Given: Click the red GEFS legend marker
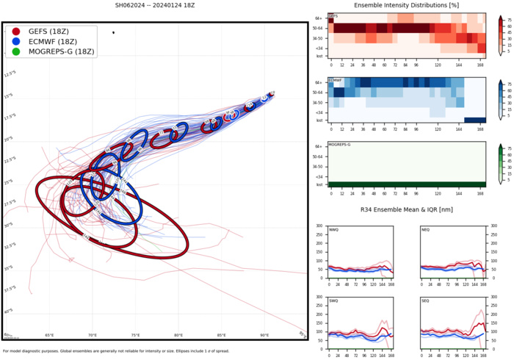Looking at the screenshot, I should click(x=16, y=32).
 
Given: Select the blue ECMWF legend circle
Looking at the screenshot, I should click(x=16, y=42).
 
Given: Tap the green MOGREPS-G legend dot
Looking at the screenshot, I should click(x=16, y=52).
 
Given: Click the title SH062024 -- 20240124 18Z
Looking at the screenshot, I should click(x=156, y=5).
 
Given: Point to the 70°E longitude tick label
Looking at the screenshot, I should click(x=93, y=336).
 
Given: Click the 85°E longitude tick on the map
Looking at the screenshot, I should click(x=221, y=336).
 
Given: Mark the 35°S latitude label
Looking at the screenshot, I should click(x=8, y=267).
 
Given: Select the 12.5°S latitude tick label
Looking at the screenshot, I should click(x=10, y=74).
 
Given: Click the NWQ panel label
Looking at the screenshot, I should click(x=334, y=229).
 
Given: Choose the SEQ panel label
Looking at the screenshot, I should click(x=427, y=301).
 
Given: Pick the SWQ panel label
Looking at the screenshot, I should click(x=334, y=301).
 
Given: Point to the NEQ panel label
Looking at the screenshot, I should click(x=427, y=229).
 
